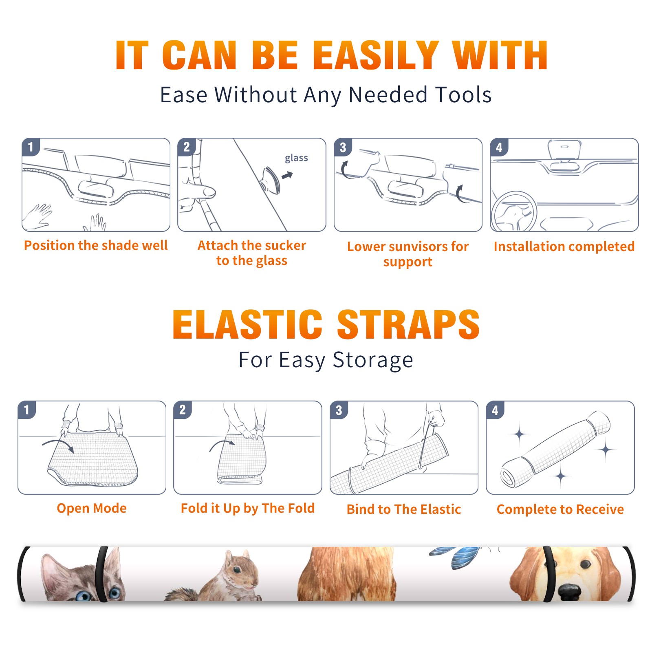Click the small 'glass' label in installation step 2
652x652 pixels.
[x=296, y=158]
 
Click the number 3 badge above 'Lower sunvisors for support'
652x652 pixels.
[x=343, y=147]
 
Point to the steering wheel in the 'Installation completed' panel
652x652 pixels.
[x=514, y=211]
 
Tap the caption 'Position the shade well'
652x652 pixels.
[x=96, y=245]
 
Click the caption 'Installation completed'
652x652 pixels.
[x=564, y=247]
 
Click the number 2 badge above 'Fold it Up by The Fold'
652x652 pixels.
[x=183, y=410]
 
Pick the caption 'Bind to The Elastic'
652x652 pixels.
[x=404, y=509]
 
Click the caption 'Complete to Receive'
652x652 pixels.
[x=560, y=509]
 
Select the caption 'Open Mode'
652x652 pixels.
[x=92, y=508]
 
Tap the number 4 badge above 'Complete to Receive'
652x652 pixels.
[x=495, y=410]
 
